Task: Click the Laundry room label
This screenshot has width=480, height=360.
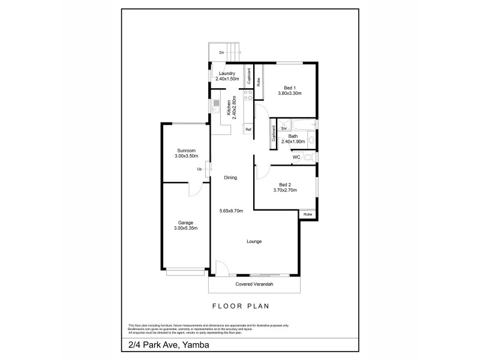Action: pyautogui.click(x=227, y=73)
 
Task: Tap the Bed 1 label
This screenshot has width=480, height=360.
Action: pyautogui.click(x=289, y=88)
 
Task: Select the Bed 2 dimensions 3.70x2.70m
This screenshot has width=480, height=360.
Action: pyautogui.click(x=285, y=190)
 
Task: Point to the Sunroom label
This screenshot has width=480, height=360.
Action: pyautogui.click(x=186, y=150)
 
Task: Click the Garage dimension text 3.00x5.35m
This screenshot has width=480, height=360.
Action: pyautogui.click(x=185, y=228)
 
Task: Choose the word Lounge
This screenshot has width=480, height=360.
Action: pyautogui.click(x=253, y=242)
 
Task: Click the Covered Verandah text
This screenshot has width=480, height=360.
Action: pyautogui.click(x=253, y=284)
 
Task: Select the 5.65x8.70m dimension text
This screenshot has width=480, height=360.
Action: pyautogui.click(x=230, y=211)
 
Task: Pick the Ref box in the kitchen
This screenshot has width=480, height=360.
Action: pyautogui.click(x=248, y=129)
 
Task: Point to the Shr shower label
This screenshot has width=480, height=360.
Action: pyautogui.click(x=284, y=128)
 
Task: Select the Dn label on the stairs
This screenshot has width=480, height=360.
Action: pyautogui.click(x=221, y=53)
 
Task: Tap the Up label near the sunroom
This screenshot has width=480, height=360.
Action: pyautogui.click(x=199, y=169)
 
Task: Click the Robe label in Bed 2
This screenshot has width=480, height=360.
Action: pyautogui.click(x=307, y=214)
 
